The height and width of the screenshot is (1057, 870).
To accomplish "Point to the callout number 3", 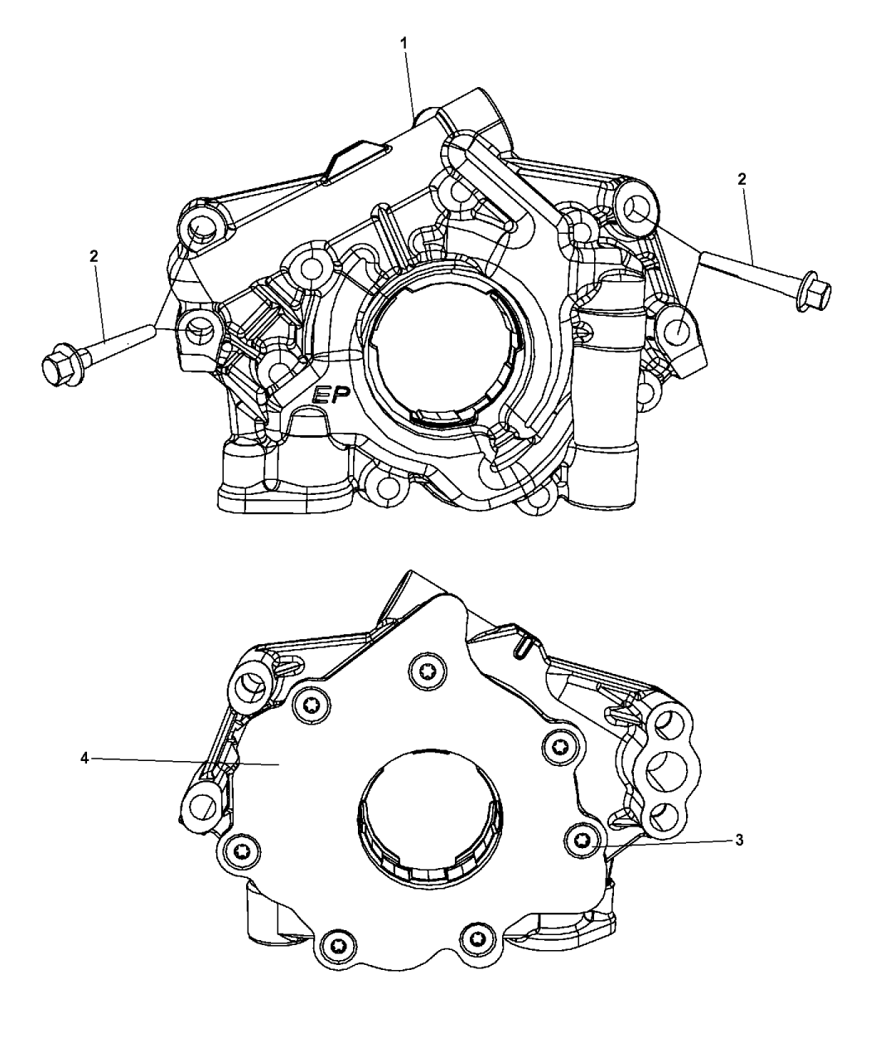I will (738, 840).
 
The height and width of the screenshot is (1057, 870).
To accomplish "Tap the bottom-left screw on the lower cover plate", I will (337, 943).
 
